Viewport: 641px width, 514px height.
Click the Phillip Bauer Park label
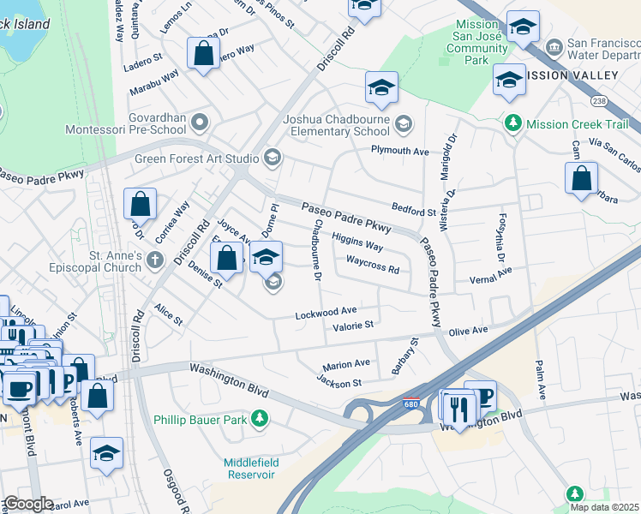pyautogui.click(x=200, y=420)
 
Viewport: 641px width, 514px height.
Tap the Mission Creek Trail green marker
pyautogui.click(x=513, y=123)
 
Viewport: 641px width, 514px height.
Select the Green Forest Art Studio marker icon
pyautogui.click(x=272, y=156)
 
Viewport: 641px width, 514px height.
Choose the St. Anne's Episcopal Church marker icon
pyautogui.click(x=154, y=260)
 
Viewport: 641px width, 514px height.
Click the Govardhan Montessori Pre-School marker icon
pyautogui.click(x=200, y=123)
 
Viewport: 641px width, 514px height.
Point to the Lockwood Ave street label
pyautogui.click(x=326, y=314)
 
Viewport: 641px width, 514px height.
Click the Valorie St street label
pyautogui.click(x=354, y=326)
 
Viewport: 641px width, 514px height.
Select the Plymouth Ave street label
pyautogui.click(x=399, y=152)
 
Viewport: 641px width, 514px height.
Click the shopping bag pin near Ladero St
pyautogui.click(x=204, y=54)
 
